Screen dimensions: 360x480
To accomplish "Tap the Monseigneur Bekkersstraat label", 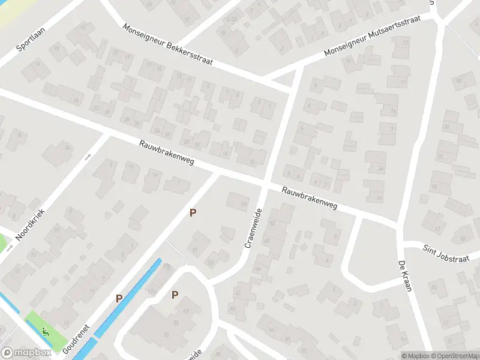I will pyautogui.click(x=167, y=46).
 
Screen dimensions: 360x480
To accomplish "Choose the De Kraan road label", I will pyautogui.click(x=404, y=277).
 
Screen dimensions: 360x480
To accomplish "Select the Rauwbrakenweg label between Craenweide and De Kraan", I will pyautogui.click(x=310, y=198).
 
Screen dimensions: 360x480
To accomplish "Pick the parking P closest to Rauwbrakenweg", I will pyautogui.click(x=193, y=212).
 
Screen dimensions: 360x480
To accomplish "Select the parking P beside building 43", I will pyautogui.click(x=175, y=295).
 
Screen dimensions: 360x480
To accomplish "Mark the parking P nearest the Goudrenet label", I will pyautogui.click(x=119, y=298).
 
